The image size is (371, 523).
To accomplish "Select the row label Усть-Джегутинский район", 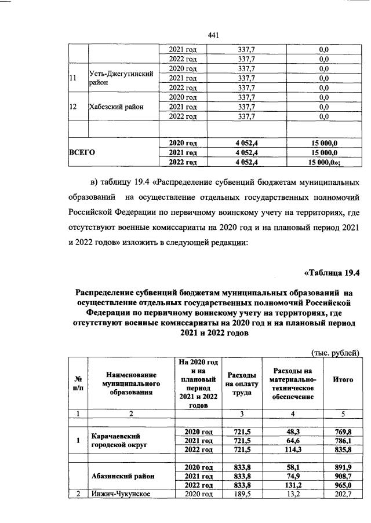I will tap(122, 78).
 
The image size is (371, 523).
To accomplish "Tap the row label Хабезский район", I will tap(116, 107).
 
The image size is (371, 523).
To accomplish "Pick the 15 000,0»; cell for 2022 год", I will tap(325, 162).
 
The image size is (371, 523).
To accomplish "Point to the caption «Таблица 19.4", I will tap(332, 273).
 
